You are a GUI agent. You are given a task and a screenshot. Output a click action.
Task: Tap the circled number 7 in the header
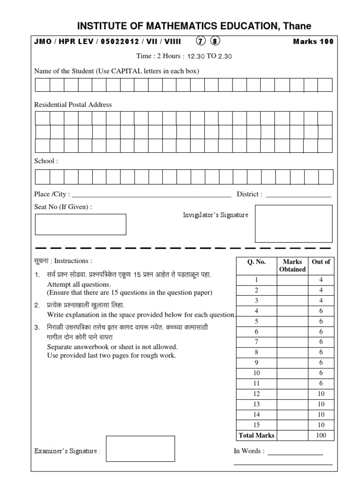[x=200, y=41]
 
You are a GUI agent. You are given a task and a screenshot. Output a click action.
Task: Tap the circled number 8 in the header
[x=215, y=41]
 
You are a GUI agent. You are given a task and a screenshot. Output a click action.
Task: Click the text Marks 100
[x=313, y=41]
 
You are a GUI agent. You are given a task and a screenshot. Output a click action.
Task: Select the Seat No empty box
[x=81, y=224]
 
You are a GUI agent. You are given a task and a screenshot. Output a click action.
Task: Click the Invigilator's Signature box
[x=293, y=224]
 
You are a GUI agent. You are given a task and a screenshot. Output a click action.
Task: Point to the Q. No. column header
[x=256, y=262]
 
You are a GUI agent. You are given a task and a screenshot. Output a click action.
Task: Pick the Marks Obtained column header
[x=292, y=265]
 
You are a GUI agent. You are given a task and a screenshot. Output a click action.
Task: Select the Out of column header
[x=321, y=262]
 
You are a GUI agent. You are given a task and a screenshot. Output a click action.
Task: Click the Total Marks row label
[x=256, y=435]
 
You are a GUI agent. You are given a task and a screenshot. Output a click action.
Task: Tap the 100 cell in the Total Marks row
[x=321, y=435]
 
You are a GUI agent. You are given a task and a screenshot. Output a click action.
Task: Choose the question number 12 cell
[x=256, y=394]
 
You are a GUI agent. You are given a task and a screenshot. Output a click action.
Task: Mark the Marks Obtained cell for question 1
[x=292, y=280]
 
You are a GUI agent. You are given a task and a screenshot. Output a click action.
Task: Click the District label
[x=249, y=194]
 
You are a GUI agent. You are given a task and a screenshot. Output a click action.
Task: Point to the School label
[x=46, y=161]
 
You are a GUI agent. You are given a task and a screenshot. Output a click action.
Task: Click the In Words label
[x=249, y=451]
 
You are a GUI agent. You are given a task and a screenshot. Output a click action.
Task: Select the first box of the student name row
[x=42, y=85]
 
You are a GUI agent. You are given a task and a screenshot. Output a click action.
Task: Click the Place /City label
[x=52, y=194]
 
